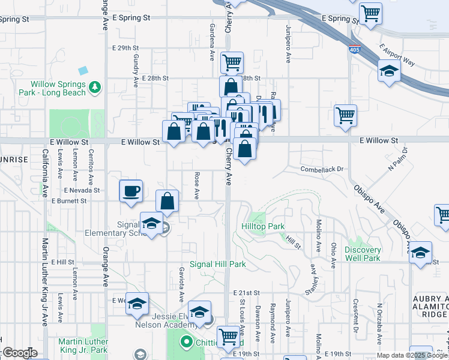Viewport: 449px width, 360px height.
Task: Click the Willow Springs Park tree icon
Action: pos(94,88)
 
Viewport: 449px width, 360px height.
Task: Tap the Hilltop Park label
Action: pos(262,226)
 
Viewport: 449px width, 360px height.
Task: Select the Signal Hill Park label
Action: pos(218,264)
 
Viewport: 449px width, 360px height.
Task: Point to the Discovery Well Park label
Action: pos(363,254)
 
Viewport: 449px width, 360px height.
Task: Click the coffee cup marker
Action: pos(131,192)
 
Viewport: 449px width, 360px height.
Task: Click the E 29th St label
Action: pos(125,47)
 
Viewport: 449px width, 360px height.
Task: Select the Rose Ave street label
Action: pos(196,186)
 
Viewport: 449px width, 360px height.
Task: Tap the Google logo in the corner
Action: pos(19,353)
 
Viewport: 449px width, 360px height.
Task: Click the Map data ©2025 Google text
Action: pos(412,355)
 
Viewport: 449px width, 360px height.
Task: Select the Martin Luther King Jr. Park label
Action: pos(83,346)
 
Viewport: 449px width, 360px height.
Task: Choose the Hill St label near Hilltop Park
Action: pos(293,242)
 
